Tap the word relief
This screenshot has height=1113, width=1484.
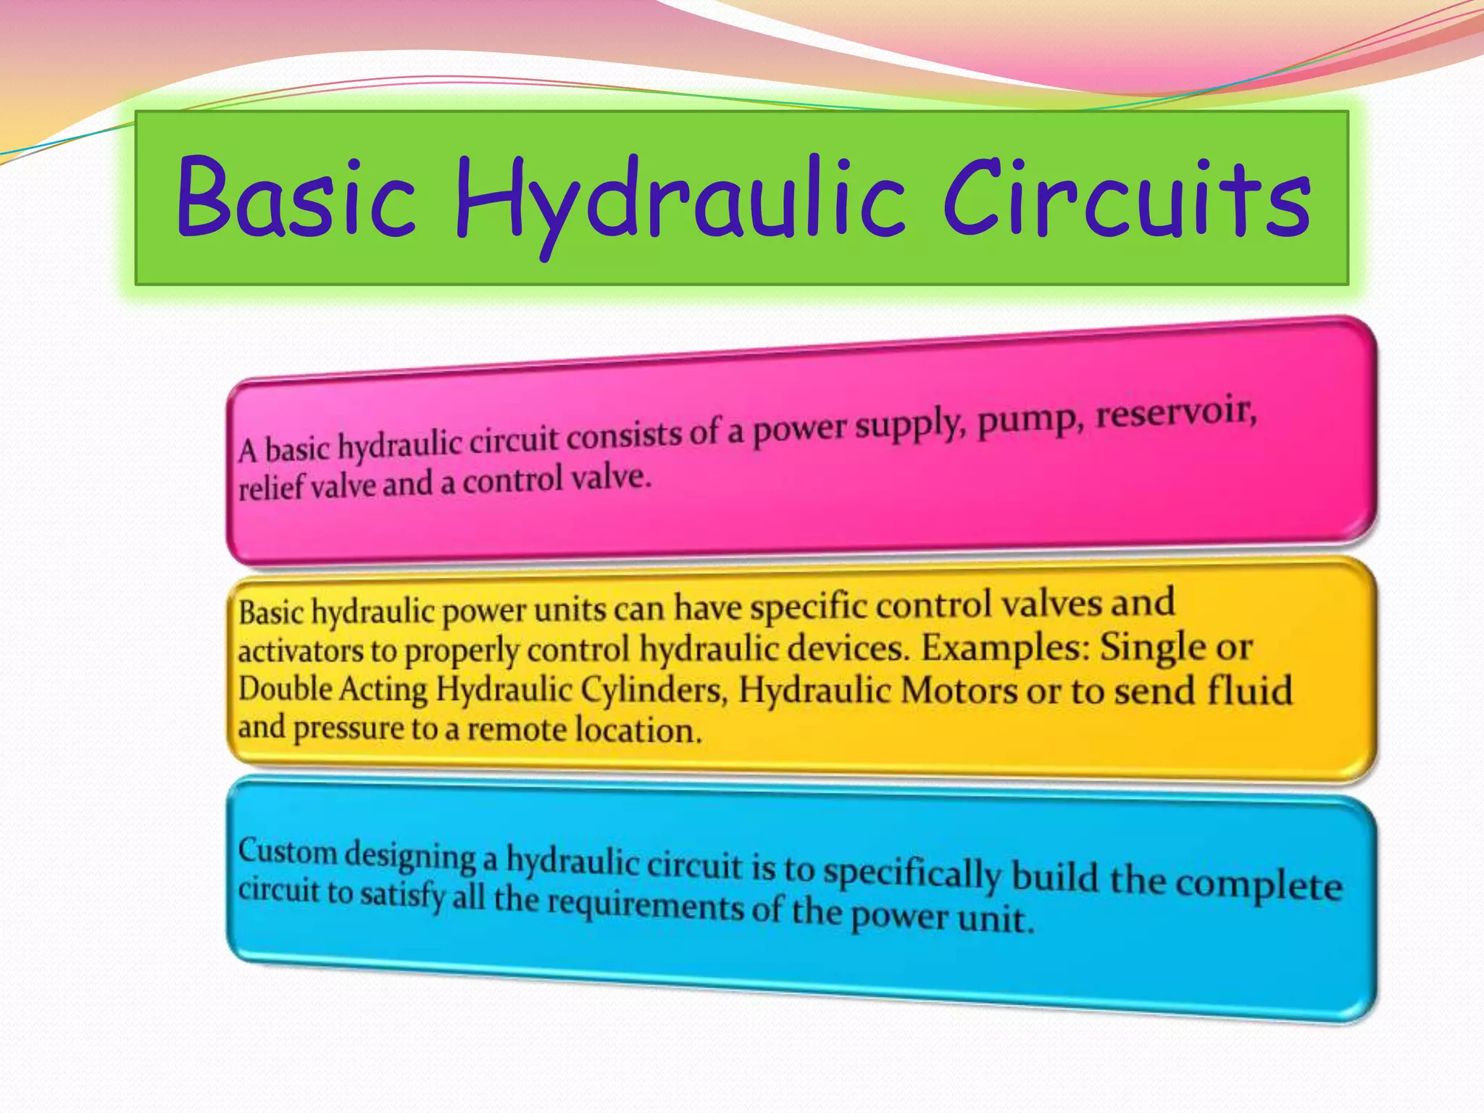tap(271, 488)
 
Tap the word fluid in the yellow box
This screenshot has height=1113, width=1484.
tap(1249, 690)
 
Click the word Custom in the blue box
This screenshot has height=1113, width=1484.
tap(288, 851)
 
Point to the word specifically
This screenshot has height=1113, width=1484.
tap(912, 872)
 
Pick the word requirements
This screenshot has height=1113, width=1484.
tap(645, 904)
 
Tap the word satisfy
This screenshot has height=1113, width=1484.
tap(402, 895)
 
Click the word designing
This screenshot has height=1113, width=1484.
tap(409, 855)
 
